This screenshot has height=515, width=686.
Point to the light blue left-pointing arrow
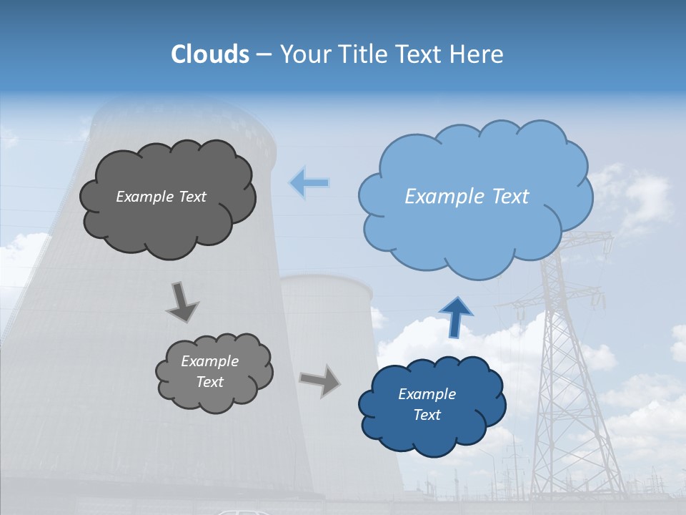click(x=309, y=183)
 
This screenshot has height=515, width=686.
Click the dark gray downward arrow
click(x=182, y=301)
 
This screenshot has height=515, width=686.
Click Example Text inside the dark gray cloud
click(x=161, y=197)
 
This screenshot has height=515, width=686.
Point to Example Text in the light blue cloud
click(x=467, y=197)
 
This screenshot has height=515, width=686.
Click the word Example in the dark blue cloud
click(x=427, y=394)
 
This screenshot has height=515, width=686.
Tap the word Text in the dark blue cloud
click(x=427, y=415)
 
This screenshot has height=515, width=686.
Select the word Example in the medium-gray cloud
click(x=209, y=361)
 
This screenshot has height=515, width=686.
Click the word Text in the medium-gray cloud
click(x=209, y=382)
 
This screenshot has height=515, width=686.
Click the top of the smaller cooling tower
click(x=326, y=283)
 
